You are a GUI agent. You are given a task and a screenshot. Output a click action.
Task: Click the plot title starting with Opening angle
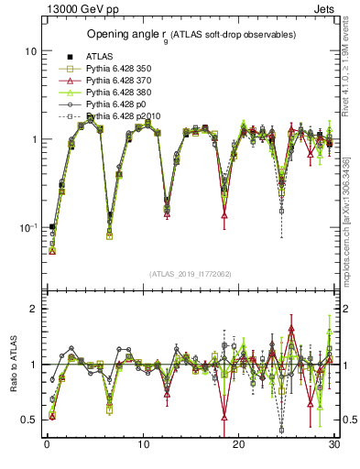tap(191, 35)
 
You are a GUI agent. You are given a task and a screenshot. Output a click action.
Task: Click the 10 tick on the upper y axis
tap(30, 51)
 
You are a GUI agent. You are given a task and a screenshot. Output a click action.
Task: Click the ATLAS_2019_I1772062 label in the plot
tap(191, 274)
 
